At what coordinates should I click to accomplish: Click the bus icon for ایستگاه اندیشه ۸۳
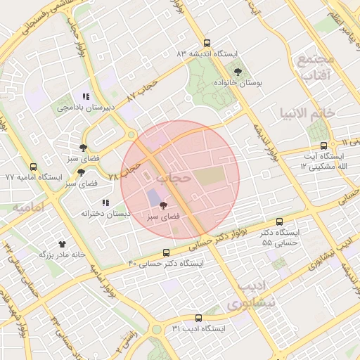click(x=206, y=43)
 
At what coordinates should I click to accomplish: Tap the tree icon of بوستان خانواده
click(x=237, y=71)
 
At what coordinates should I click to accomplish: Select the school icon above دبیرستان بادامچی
click(x=85, y=96)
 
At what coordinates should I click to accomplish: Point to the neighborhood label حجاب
click(x=173, y=179)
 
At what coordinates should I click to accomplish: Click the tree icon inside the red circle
click(x=163, y=206)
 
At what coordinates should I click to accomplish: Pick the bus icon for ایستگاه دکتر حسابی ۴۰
click(x=167, y=252)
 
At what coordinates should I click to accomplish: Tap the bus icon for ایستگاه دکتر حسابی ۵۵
click(x=280, y=221)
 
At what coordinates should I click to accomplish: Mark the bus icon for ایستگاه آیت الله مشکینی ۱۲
click(x=323, y=146)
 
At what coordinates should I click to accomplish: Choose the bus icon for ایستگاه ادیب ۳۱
click(x=198, y=318)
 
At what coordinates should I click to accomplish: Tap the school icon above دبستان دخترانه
click(x=105, y=202)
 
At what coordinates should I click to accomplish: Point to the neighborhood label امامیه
click(x=28, y=207)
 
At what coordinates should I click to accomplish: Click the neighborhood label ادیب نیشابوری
click(x=244, y=295)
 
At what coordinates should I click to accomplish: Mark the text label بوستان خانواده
click(x=238, y=83)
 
